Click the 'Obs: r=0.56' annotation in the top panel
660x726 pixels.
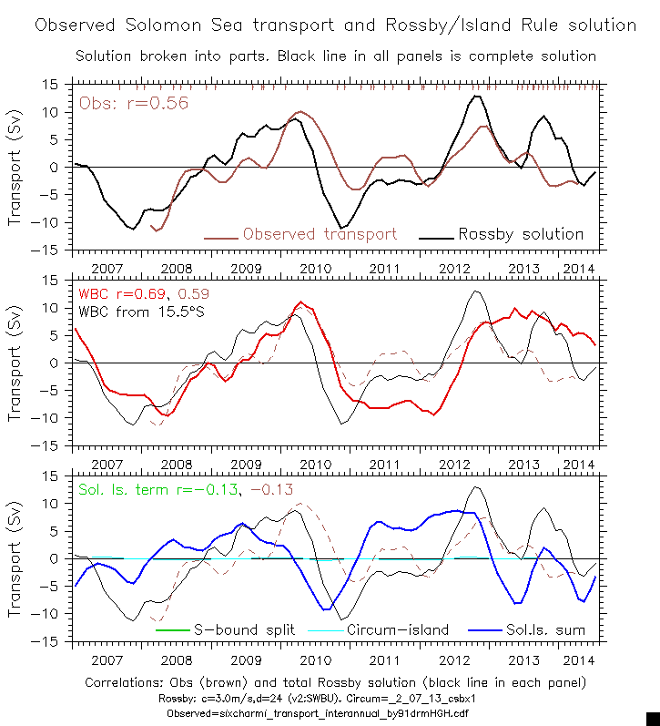coord(134,103)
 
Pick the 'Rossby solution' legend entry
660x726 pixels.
coord(520,234)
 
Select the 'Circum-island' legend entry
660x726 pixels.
coord(388,629)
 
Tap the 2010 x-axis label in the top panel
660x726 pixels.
coord(314,269)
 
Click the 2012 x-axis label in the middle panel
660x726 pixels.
coord(453,465)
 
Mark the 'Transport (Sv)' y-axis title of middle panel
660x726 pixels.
coord(15,363)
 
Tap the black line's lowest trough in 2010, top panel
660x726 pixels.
coord(341,228)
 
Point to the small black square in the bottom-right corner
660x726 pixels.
coord(652,718)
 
